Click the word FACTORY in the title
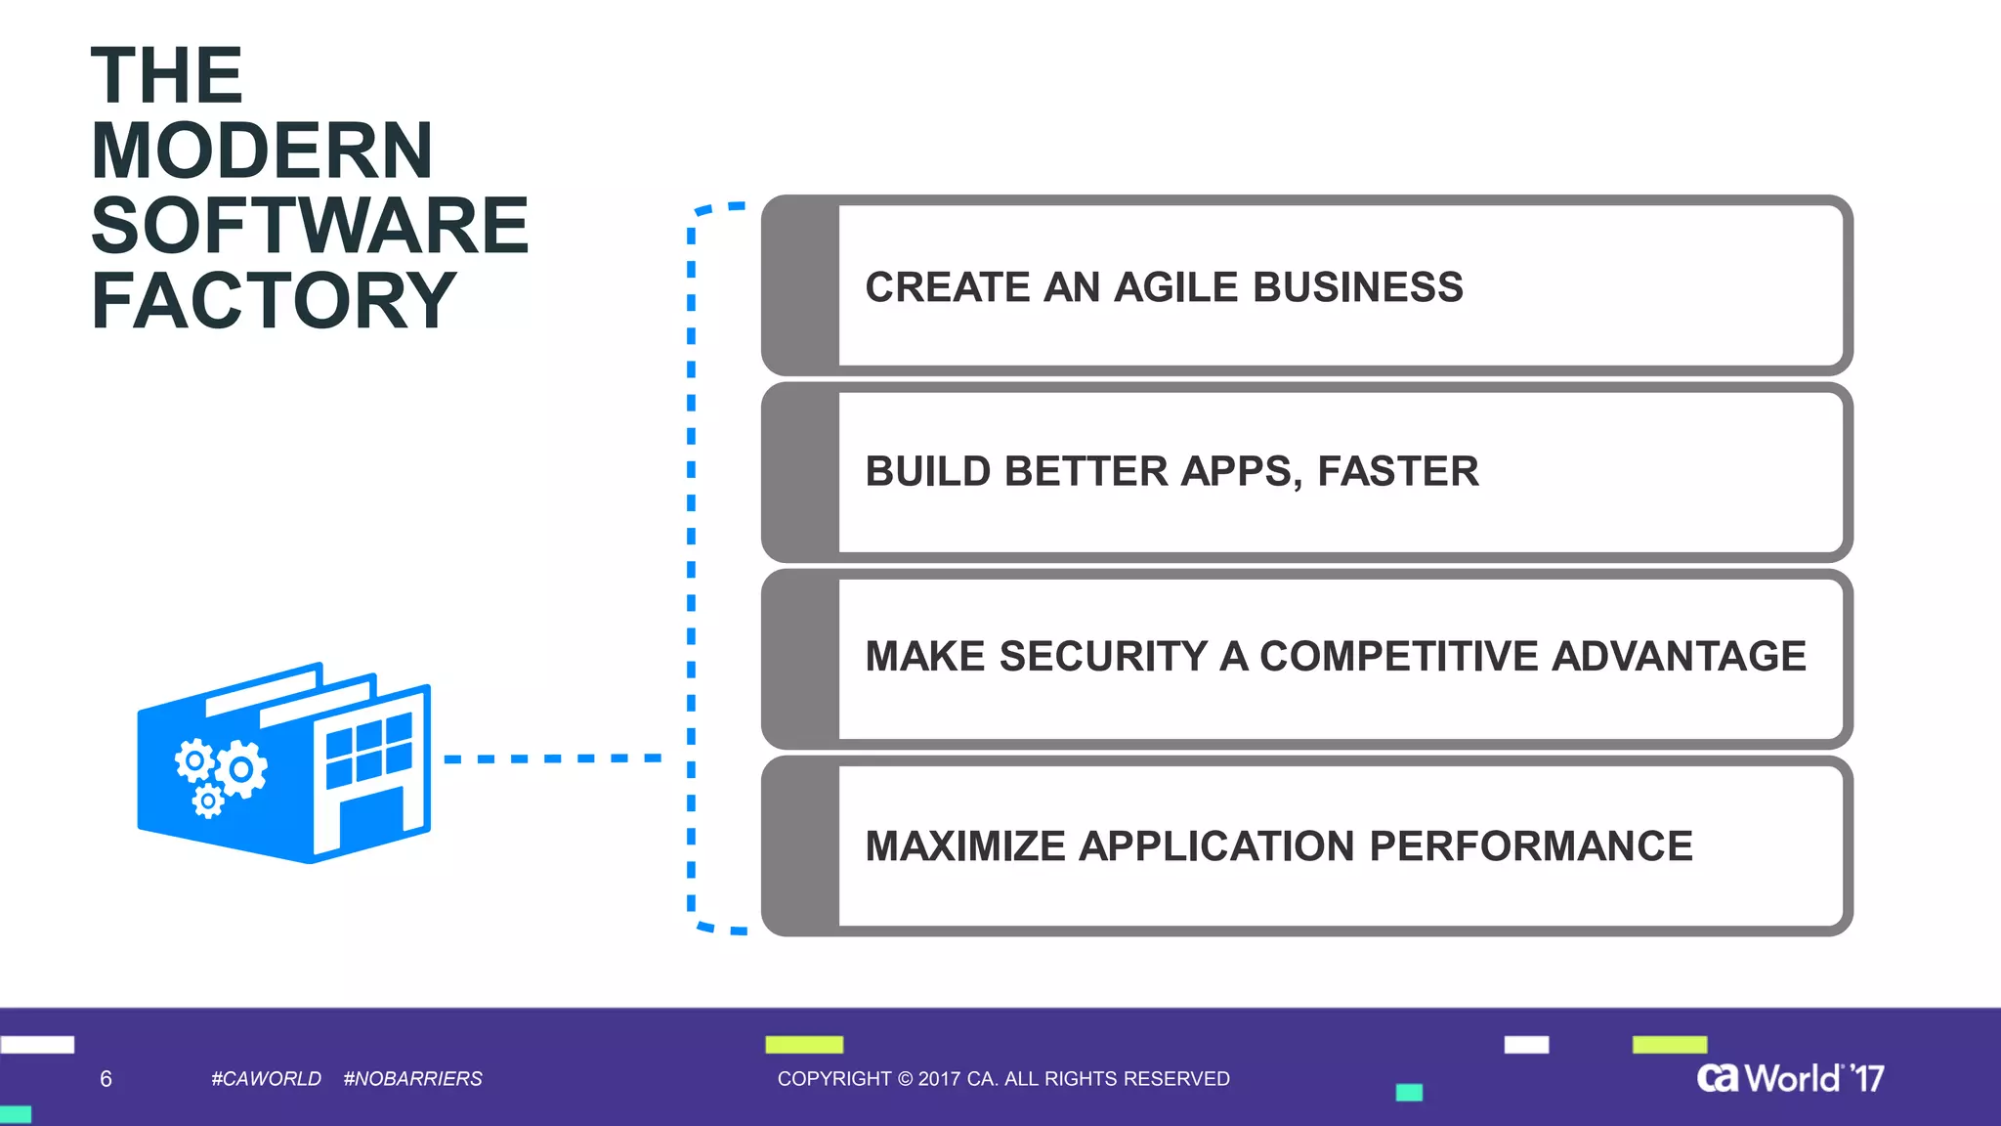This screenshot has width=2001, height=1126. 274,301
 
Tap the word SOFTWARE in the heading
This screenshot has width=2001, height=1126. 310,226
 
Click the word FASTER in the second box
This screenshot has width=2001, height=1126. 1397,472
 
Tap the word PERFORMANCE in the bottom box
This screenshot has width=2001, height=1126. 1530,846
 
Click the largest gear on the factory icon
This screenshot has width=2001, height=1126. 241,769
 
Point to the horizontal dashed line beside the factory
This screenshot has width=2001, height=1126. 552,758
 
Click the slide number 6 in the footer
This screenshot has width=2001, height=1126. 106,1079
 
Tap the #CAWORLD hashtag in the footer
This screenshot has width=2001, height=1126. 266,1079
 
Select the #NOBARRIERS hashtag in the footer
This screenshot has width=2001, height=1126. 412,1079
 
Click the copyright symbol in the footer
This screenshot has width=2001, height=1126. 905,1079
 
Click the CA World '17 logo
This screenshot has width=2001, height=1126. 1789,1078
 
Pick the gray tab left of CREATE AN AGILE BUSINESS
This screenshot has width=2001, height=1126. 800,285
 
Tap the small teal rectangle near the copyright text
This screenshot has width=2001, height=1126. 1408,1093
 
